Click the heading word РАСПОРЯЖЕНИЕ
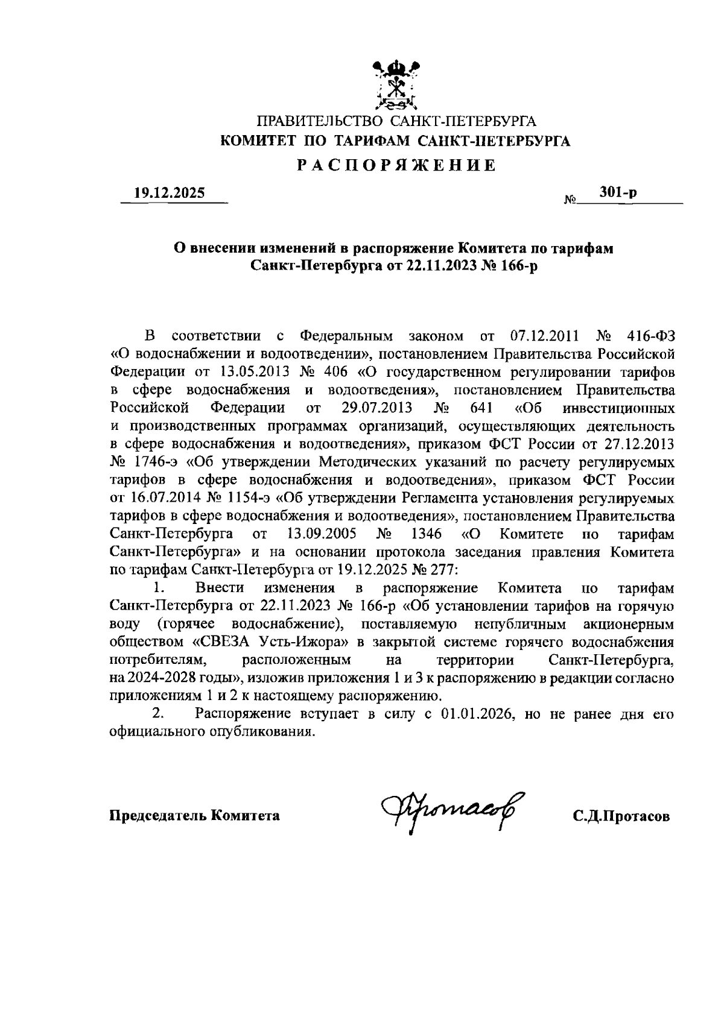396,165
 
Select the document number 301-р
618,193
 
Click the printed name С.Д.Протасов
621,816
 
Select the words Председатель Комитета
194,816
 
